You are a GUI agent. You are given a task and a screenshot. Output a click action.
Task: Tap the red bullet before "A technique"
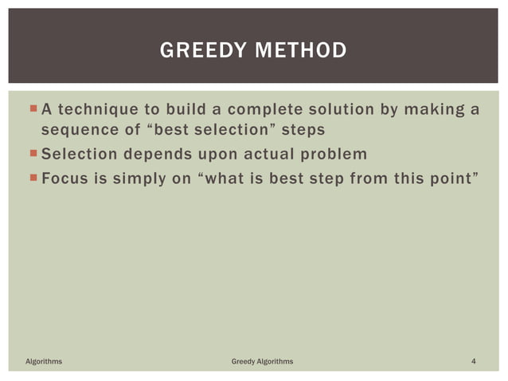32,108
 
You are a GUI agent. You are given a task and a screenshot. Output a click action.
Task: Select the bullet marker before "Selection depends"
32,153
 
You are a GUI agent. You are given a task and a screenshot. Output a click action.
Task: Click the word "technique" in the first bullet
97,108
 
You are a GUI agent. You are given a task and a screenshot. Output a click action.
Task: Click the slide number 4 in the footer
474,362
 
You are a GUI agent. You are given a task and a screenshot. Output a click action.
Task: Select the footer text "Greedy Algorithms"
262,362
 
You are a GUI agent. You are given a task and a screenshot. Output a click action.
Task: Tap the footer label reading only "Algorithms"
44,362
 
